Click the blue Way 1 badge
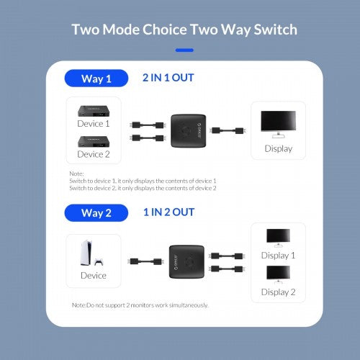[96, 78]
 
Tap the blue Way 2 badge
[96, 212]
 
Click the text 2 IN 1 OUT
[168, 78]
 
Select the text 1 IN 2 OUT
[168, 212]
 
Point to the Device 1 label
[94, 123]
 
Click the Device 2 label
[94, 153]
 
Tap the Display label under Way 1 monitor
[278, 149]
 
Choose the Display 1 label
[278, 256]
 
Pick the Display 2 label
[278, 292]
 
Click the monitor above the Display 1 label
[278, 237]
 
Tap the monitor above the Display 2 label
[278, 274]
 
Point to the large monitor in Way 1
[278, 123]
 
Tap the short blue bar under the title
[185, 50]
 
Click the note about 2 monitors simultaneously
[140, 305]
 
